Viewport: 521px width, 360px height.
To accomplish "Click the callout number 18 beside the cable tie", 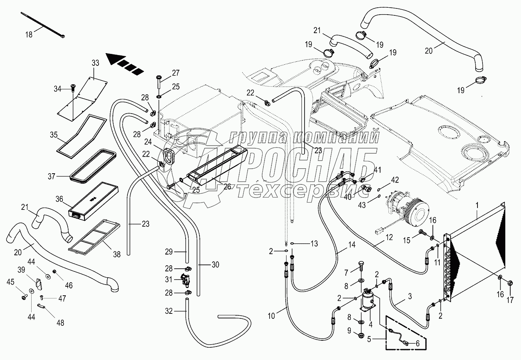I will tap(29, 34).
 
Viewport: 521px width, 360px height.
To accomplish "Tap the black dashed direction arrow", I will tap(124, 64).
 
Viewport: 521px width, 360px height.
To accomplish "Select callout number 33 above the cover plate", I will tap(95, 63).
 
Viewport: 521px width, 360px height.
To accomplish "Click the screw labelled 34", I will tap(72, 89).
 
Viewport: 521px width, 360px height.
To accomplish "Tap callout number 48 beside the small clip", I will tap(60, 322).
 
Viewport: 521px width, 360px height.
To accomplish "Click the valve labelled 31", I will tap(185, 280).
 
